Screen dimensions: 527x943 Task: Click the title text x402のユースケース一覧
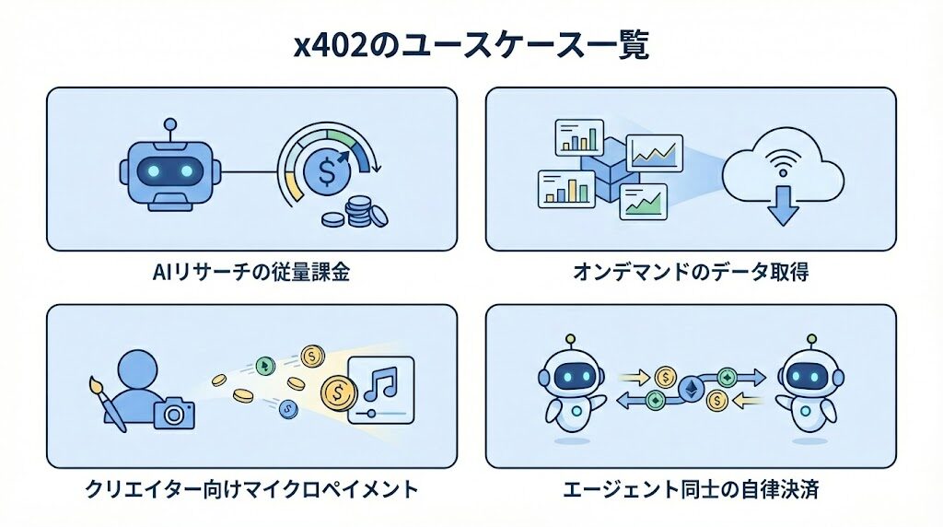click(x=471, y=45)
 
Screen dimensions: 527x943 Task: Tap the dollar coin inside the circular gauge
click(x=329, y=171)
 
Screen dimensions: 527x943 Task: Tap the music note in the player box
click(x=381, y=380)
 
